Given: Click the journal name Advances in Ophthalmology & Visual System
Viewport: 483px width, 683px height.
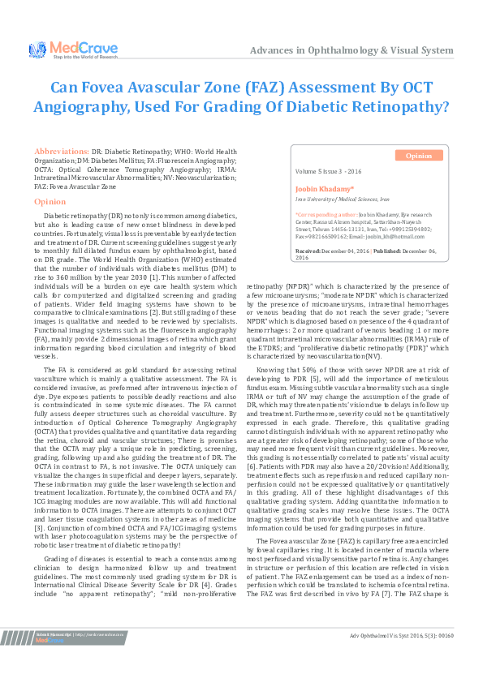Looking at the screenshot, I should point(351,50).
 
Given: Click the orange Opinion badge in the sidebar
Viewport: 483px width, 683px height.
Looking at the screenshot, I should point(419,155).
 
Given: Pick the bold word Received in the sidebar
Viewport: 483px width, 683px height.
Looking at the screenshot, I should point(308,251).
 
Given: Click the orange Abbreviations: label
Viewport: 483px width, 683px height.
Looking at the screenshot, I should point(61,152).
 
